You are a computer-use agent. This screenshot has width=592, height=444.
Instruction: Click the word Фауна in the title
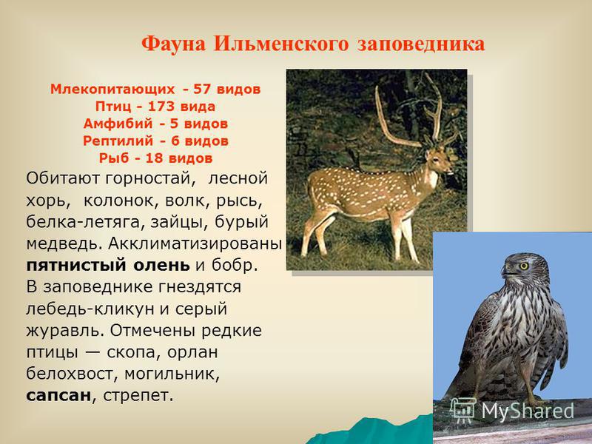[x=174, y=44]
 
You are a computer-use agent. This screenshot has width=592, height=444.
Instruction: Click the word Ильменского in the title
[x=281, y=44]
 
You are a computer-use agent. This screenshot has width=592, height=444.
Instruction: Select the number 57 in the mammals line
[x=201, y=89]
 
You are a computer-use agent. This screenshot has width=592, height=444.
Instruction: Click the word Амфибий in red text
[x=118, y=124]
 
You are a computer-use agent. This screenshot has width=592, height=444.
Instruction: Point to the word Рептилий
[x=118, y=141]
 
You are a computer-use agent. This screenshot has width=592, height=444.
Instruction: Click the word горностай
[x=150, y=178]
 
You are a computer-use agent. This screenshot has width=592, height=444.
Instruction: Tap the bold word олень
[x=161, y=265]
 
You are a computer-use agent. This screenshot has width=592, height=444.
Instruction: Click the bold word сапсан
[x=59, y=396]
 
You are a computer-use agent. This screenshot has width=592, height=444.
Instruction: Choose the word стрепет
[x=138, y=397]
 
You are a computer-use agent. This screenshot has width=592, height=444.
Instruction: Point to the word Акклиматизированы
[x=195, y=244]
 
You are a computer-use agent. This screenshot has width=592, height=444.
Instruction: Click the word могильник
[x=172, y=374]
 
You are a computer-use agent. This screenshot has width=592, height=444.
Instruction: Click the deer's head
[x=438, y=160]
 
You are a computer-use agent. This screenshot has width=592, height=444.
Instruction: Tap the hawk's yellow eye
[x=524, y=266]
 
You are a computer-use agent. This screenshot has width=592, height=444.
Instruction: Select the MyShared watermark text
[x=528, y=411]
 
